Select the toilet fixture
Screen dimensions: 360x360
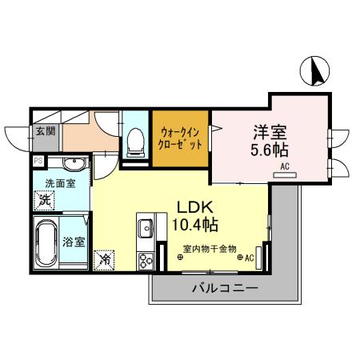[x=135, y=142]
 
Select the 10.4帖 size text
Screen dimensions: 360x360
[x=194, y=223]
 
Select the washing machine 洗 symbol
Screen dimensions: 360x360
[x=46, y=200]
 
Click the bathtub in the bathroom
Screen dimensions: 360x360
[x=45, y=242]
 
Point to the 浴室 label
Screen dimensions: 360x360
[x=74, y=242]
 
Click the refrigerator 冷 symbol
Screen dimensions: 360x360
[x=105, y=259]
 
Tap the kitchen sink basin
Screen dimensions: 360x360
[x=146, y=229]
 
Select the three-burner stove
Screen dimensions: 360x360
[x=146, y=260]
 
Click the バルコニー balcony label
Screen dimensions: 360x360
[x=223, y=290]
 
